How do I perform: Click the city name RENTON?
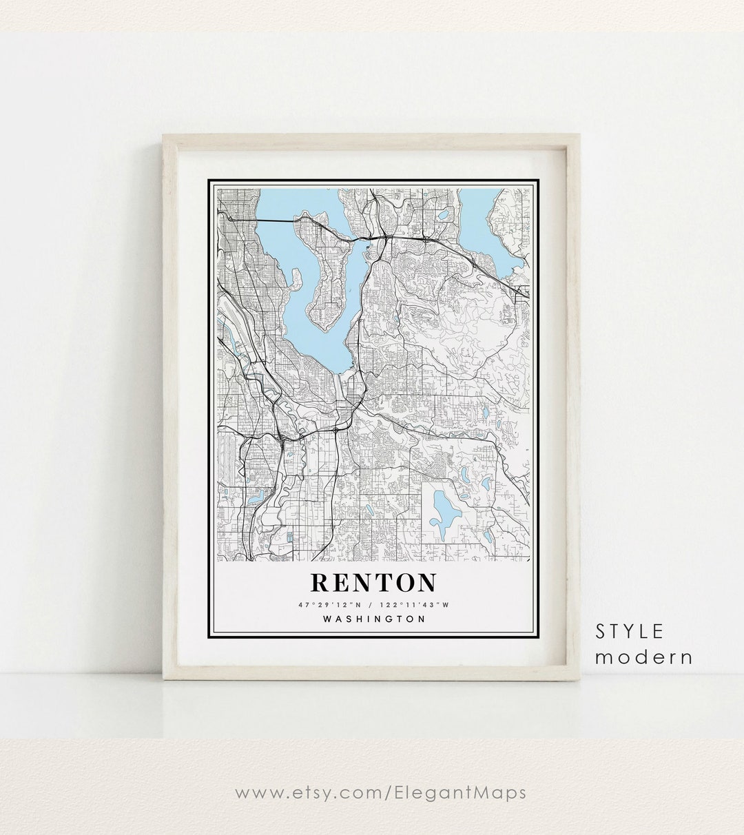373,582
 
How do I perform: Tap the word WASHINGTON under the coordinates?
373,619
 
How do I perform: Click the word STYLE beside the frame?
630,631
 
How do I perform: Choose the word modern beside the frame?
643,657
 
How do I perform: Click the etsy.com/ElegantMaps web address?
380,792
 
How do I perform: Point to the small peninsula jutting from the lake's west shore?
296,279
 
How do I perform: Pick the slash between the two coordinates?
371,605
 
